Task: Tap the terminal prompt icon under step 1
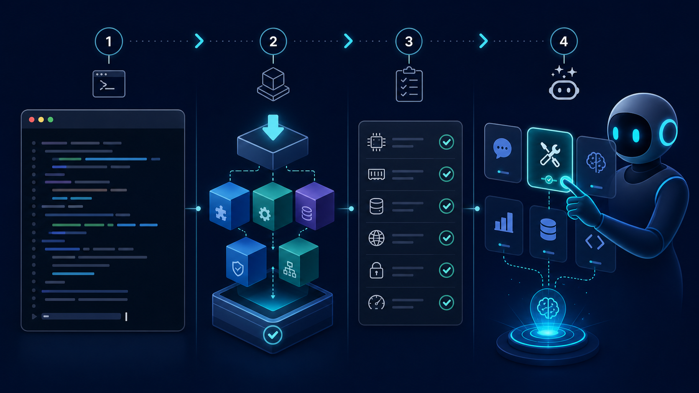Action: click(x=109, y=84)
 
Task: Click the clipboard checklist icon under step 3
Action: click(x=409, y=84)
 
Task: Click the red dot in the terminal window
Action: click(x=31, y=120)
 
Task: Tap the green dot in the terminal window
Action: click(x=51, y=120)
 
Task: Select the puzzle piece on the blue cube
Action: click(x=221, y=213)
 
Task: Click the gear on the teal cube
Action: click(x=265, y=214)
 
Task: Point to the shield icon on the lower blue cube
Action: click(x=238, y=269)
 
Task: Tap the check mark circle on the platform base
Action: click(x=273, y=335)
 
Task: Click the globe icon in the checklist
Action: click(x=376, y=238)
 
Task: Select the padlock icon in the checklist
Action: click(x=376, y=270)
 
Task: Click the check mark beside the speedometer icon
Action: click(x=446, y=303)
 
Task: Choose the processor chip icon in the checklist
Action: click(x=376, y=142)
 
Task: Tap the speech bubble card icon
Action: click(x=503, y=149)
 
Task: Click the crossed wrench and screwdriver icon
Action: click(x=550, y=154)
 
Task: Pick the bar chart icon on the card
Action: click(x=504, y=222)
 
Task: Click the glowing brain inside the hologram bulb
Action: click(x=548, y=308)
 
